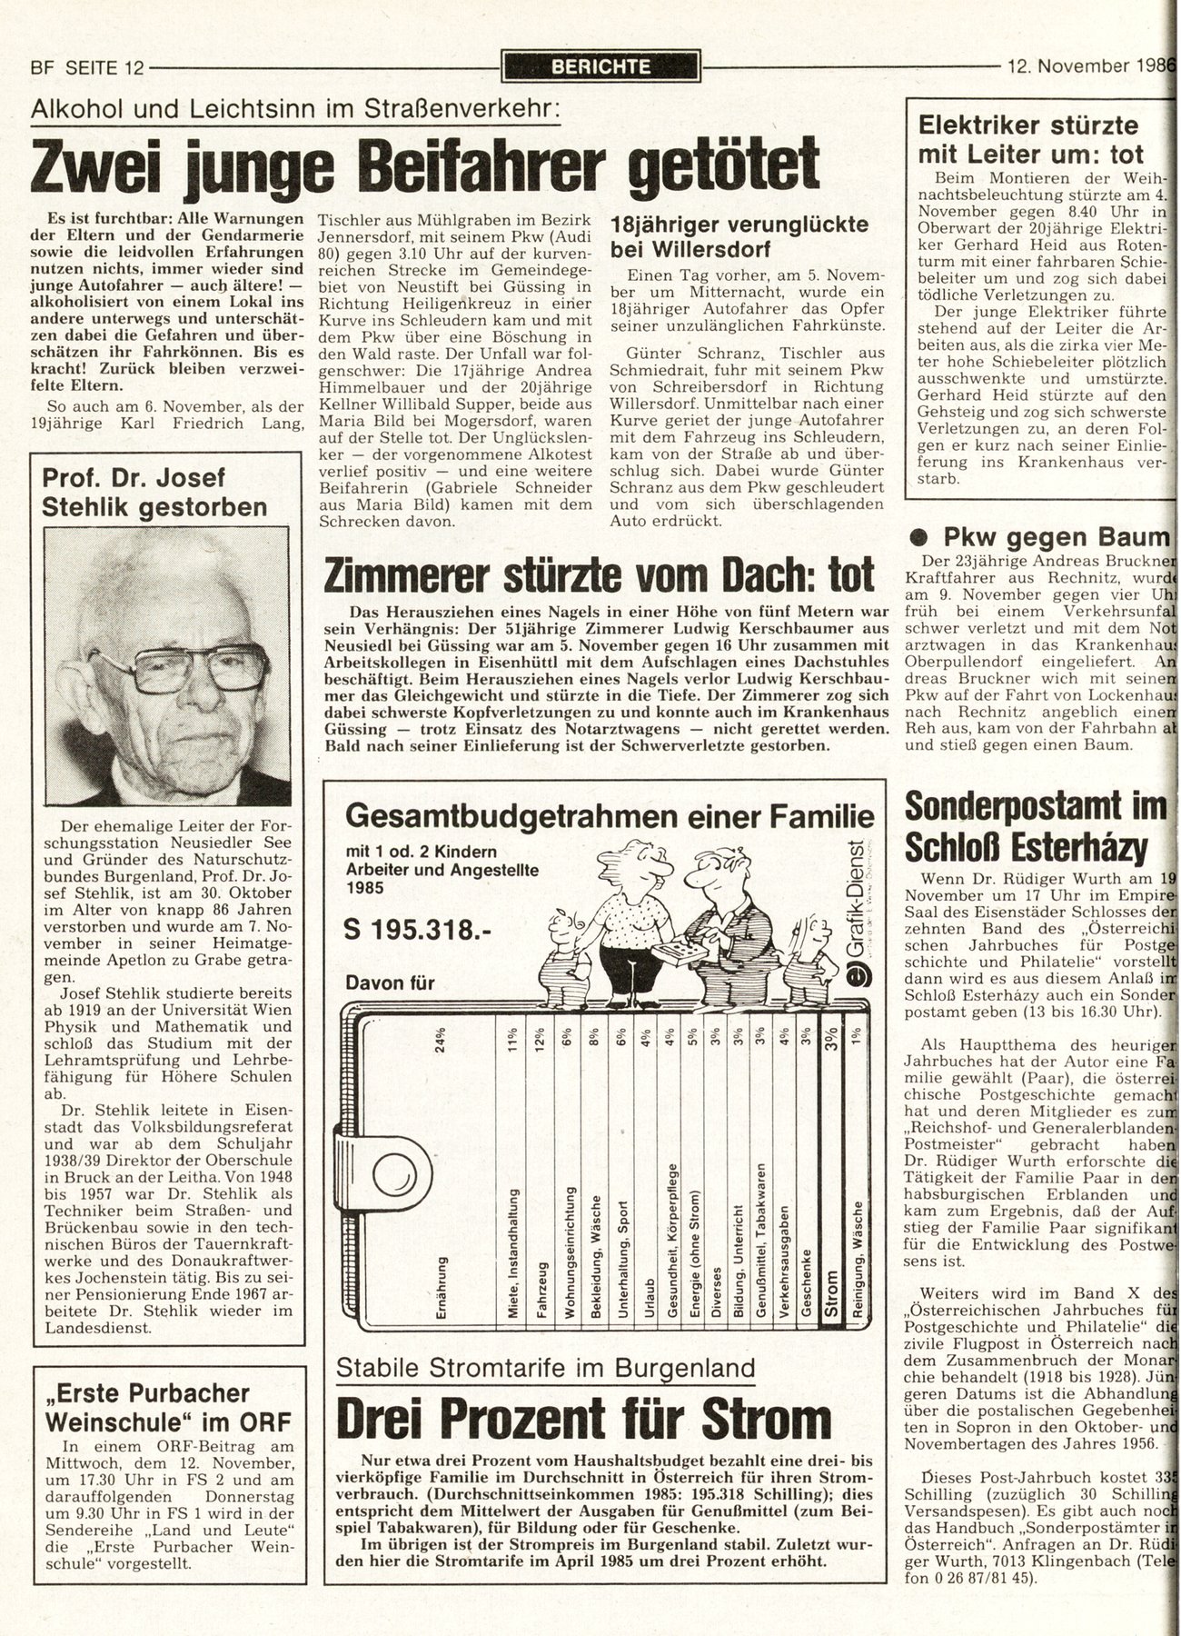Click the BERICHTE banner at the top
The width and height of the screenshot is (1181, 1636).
coord(600,65)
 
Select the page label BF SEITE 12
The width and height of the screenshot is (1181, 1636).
coord(87,66)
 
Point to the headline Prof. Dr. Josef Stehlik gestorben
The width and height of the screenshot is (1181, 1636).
coord(154,492)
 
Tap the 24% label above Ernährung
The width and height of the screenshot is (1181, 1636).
coord(442,1038)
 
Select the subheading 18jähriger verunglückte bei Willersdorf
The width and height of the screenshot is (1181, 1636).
coord(739,236)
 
